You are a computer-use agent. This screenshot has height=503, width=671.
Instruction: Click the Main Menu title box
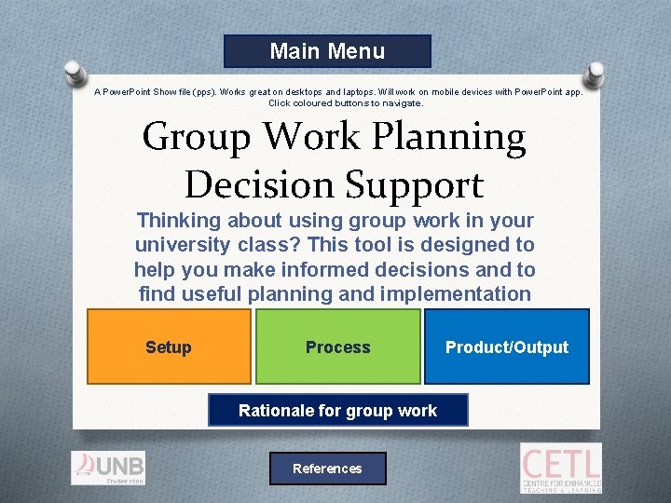click(x=327, y=51)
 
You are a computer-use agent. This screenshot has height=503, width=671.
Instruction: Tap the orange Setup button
click(x=169, y=347)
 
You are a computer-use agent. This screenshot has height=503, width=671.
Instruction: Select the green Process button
click(x=338, y=347)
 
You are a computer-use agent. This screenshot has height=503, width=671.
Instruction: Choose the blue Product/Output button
click(x=507, y=347)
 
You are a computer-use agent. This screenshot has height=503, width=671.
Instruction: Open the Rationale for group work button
click(x=337, y=410)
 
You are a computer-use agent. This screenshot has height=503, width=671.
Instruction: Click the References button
click(x=327, y=469)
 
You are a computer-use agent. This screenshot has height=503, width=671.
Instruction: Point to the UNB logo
click(x=108, y=468)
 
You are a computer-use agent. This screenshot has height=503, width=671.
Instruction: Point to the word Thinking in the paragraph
click(x=179, y=221)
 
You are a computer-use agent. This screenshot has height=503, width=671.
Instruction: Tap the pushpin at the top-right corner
click(x=594, y=70)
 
